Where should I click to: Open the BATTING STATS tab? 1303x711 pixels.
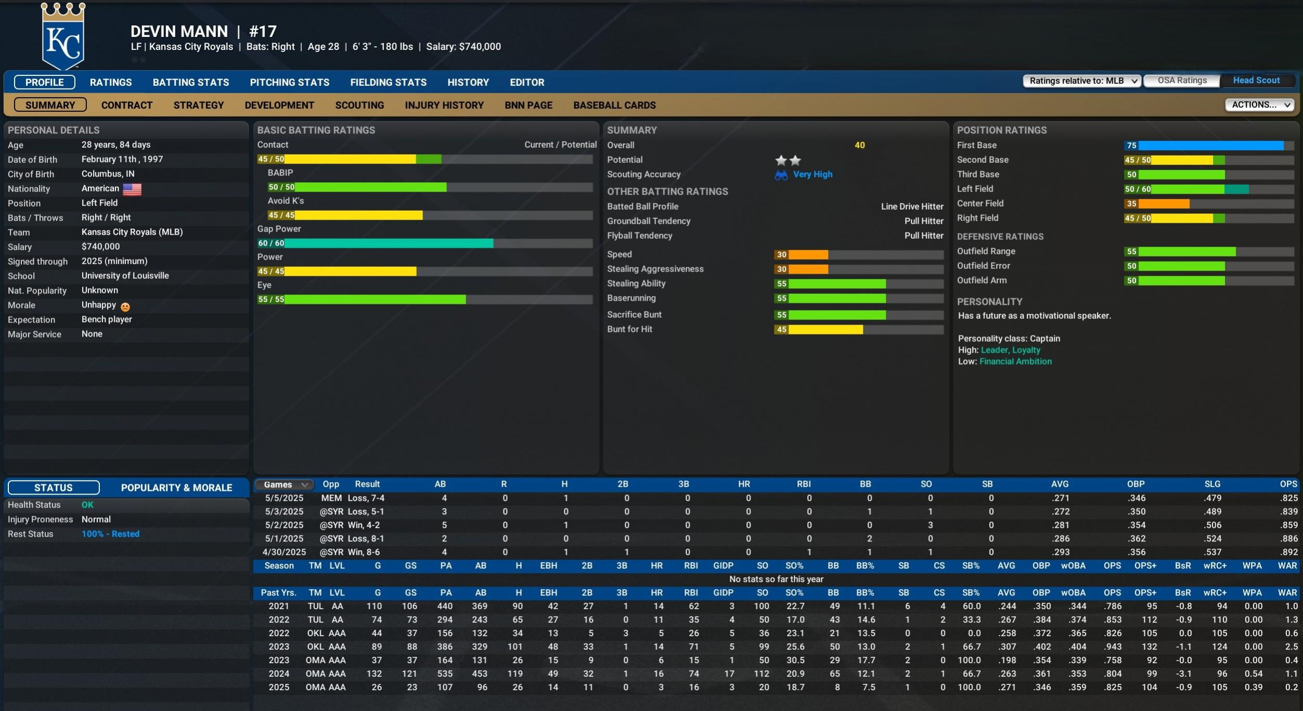[190, 82]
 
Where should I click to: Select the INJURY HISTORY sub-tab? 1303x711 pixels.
[444, 105]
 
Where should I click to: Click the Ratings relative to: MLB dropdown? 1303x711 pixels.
[1081, 81]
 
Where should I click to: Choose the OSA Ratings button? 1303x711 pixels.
[1182, 81]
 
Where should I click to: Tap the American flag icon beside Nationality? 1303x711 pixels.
[132, 189]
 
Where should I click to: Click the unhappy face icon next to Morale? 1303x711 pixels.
[125, 306]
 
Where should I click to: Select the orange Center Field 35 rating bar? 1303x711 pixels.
[1157, 204]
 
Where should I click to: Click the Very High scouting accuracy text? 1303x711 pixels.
[812, 175]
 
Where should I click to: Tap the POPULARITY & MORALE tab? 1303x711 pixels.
[176, 487]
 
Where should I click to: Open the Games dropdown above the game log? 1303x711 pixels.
[285, 484]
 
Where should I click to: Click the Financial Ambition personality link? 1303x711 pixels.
[1015, 361]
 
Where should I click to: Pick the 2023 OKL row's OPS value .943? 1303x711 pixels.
[1112, 647]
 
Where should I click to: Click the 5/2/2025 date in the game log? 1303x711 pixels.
[284, 525]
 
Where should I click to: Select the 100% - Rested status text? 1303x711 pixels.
[110, 534]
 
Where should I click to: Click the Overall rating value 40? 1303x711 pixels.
[859, 145]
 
